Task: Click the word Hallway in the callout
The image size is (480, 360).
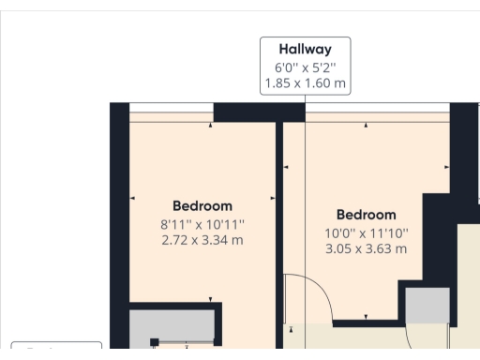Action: (x=305, y=50)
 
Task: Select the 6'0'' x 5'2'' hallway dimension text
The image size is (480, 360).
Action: (x=305, y=67)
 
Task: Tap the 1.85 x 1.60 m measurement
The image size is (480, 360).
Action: (x=305, y=83)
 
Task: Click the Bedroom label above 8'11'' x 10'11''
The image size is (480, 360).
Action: (x=202, y=205)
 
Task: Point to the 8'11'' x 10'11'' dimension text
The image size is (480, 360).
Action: (x=202, y=224)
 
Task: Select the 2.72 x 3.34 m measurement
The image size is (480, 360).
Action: (x=202, y=240)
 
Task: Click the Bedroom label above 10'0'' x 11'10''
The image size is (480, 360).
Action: (x=366, y=215)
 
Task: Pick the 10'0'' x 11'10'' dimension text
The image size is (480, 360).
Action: (x=366, y=232)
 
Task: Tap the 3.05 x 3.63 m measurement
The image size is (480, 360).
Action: (x=366, y=248)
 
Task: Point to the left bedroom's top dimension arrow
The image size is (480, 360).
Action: (x=210, y=124)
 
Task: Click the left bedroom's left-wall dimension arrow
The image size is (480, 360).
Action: (x=133, y=198)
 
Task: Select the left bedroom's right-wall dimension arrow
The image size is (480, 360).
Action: (x=273, y=198)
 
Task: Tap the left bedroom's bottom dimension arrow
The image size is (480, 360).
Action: (x=210, y=297)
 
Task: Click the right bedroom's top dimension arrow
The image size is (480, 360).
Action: (x=367, y=124)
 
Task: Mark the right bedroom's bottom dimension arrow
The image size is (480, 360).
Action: (x=367, y=316)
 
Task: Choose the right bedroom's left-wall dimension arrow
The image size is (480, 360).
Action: (x=287, y=169)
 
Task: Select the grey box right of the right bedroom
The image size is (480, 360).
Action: (x=427, y=306)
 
